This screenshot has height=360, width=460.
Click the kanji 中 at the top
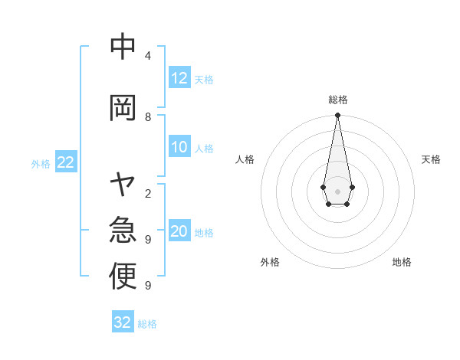[123, 47]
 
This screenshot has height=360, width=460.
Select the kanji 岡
[123, 108]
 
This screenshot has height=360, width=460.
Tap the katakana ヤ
[123, 185]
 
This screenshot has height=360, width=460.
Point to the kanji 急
[123, 231]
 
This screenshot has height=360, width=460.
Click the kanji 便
[123, 277]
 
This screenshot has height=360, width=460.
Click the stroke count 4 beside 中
[147, 56]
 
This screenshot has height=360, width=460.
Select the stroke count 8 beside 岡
[147, 117]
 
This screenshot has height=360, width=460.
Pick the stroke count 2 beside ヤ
[147, 194]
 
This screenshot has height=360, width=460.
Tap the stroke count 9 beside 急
[147, 240]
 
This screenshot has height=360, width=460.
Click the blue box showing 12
[179, 78]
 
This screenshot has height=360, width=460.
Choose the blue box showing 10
[179, 148]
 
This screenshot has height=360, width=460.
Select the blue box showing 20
[179, 232]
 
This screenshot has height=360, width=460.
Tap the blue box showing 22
[65, 162]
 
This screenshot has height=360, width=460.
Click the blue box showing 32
[123, 322]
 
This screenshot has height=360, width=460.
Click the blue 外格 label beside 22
[41, 163]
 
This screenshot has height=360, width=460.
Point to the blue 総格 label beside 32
[147, 323]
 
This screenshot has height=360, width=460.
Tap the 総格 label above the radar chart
[337, 100]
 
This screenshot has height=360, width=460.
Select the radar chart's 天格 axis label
[431, 159]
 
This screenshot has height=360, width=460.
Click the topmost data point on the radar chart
[337, 116]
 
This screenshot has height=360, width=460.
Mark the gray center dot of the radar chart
[337, 190]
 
